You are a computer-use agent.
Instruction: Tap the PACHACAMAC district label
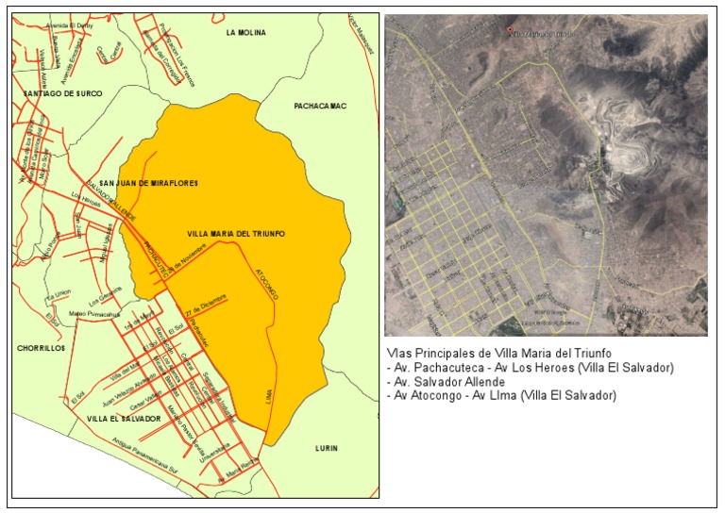pos(319,107)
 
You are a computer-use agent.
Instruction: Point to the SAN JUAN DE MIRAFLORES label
pos(149,183)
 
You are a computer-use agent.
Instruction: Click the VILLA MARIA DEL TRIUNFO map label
pos(236,233)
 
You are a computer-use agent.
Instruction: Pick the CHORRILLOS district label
pos(41,348)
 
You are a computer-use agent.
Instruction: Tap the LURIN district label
pos(327,448)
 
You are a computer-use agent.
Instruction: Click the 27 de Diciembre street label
pos(206,306)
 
